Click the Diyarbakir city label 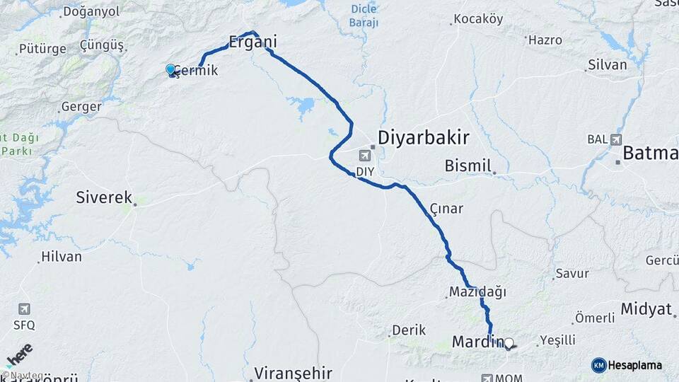(x=424, y=137)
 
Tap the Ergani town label (x=252, y=42)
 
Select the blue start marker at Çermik (x=170, y=69)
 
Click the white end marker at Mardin (x=508, y=343)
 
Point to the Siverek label (x=104, y=197)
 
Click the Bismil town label (x=468, y=166)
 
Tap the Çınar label (x=446, y=209)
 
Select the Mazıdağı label (x=477, y=291)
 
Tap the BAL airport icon (x=615, y=139)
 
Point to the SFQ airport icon (x=25, y=309)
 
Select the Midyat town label (x=646, y=309)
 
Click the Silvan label (x=607, y=65)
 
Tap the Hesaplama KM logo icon (x=598, y=365)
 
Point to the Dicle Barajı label (x=364, y=16)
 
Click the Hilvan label (x=62, y=257)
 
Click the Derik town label (x=410, y=330)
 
